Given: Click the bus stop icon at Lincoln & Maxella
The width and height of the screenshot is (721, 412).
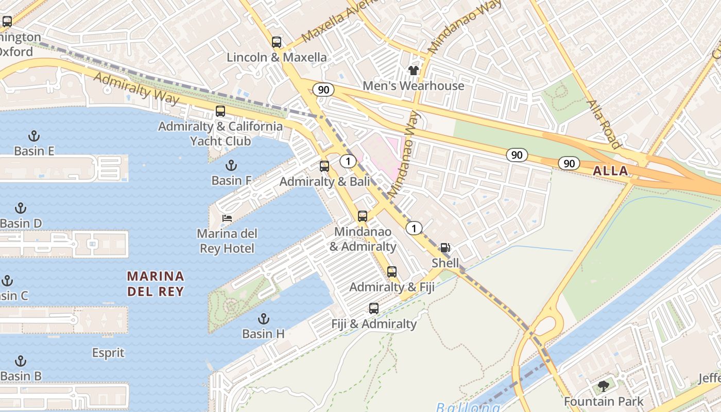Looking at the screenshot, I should [x=277, y=42].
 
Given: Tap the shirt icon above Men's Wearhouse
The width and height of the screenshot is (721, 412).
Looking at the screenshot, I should [x=413, y=71].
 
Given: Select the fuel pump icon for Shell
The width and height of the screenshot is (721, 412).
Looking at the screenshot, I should [x=445, y=248].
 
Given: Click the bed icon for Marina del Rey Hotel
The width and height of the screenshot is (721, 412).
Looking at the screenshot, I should [x=227, y=218].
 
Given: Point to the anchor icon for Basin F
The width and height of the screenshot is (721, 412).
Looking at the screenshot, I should [x=231, y=165].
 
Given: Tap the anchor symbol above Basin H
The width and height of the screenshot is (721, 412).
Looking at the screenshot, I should [x=264, y=318].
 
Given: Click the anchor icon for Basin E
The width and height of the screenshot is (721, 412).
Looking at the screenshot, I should [x=33, y=136].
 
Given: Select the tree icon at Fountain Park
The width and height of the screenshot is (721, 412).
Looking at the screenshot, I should [x=603, y=386].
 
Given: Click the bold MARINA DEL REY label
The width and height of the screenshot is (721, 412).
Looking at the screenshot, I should [x=155, y=284].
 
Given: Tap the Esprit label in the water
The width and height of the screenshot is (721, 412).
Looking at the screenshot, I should [x=108, y=353].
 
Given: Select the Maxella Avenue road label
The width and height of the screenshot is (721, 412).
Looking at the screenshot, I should [x=334, y=23].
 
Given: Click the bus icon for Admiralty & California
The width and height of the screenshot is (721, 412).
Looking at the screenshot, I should [x=220, y=111].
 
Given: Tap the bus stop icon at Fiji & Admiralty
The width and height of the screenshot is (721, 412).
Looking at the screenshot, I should [x=374, y=308].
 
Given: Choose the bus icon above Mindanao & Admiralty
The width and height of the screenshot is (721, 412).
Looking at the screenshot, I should [x=363, y=216].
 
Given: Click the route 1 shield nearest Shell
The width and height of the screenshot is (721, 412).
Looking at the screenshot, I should [x=414, y=228].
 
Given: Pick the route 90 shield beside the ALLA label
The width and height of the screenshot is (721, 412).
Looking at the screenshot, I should [x=569, y=163].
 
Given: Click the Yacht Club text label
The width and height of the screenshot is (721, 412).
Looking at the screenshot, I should [x=220, y=141].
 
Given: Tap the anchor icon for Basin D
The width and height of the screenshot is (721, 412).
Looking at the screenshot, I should [x=21, y=208].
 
